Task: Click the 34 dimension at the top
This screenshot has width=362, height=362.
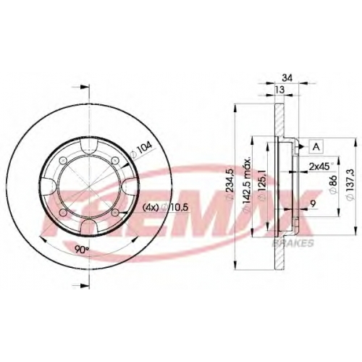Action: (287, 78)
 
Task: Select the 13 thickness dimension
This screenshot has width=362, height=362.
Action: (279, 90)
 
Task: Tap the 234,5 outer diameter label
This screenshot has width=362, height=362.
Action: (230, 184)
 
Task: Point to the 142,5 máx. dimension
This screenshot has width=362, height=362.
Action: (248, 185)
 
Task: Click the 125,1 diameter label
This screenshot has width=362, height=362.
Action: (263, 185)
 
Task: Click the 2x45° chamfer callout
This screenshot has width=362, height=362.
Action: (320, 167)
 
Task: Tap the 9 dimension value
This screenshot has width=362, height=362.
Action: (313, 204)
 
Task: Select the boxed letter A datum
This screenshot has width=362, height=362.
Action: (316, 146)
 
